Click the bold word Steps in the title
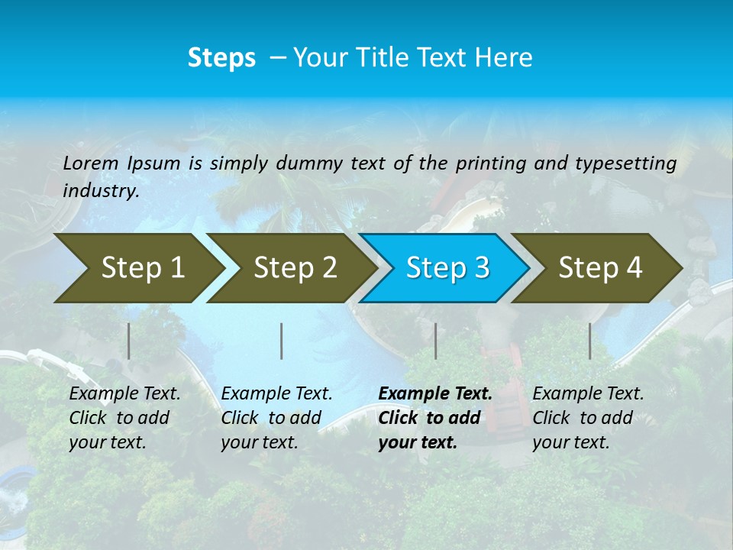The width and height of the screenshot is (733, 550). pos(221,58)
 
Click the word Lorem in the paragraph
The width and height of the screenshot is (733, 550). pos(91,163)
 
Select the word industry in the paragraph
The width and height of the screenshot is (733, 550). pos(101,191)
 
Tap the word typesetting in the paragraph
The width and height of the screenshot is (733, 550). pos(625,163)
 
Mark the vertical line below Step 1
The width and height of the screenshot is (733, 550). pos(129,341)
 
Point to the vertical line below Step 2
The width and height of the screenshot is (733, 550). pos(282,341)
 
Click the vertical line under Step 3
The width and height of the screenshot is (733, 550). pos(435,341)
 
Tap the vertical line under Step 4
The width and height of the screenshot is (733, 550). pos(589,341)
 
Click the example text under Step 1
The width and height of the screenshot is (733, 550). pos(124,418)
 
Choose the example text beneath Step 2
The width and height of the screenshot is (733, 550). pos(276,418)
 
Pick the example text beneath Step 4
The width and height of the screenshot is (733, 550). pos(588,418)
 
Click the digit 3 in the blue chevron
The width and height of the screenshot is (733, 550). pos(481,268)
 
